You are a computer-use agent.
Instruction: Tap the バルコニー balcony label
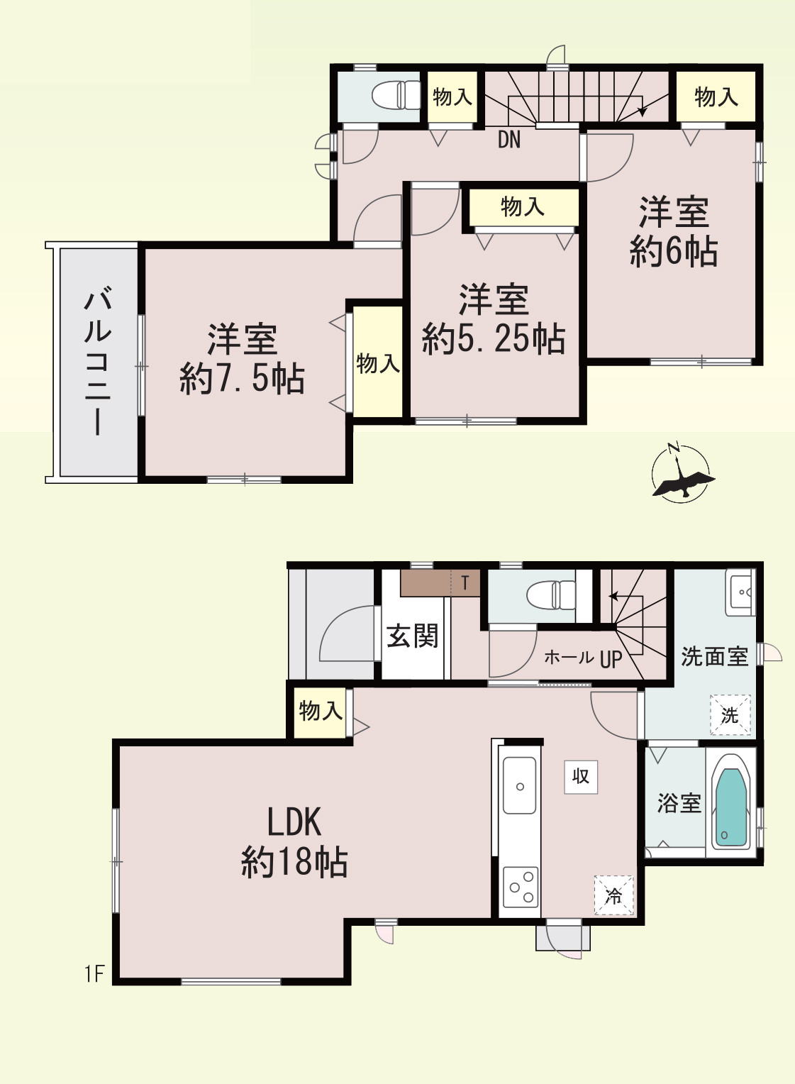[98, 360]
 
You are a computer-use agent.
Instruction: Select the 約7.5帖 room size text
[242, 378]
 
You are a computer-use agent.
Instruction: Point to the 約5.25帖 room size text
[494, 338]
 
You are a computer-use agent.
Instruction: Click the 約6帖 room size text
[674, 251]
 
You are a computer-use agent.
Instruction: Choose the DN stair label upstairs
[509, 140]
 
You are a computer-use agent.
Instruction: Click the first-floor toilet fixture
[552, 594]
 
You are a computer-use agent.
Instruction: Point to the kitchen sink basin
[520, 785]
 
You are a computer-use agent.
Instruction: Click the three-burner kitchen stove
[520, 887]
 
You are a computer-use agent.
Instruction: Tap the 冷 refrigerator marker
[613, 895]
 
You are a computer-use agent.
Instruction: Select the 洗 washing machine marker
[730, 715]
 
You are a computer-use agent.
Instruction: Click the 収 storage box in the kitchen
[581, 776]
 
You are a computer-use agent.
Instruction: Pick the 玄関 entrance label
[412, 636]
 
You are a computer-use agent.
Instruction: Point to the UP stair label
[611, 659]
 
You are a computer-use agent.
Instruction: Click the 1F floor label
[94, 974]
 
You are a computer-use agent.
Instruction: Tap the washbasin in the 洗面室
[741, 591]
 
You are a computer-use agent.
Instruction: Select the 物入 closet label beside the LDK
[321, 710]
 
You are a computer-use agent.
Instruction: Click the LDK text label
[294, 822]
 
